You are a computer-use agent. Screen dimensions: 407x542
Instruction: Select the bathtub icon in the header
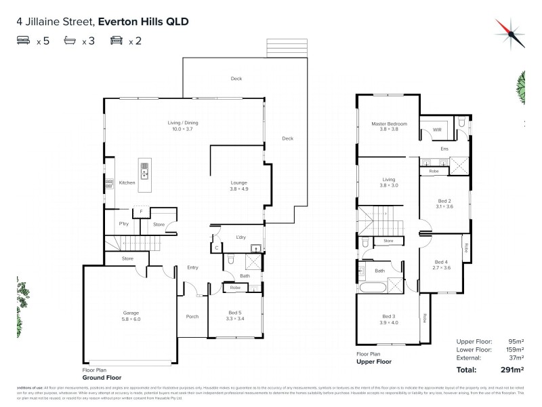pyautogui.click(x=70, y=41)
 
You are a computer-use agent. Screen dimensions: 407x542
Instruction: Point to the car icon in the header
pyautogui.click(x=116, y=41)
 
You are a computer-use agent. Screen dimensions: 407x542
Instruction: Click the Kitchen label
pyautogui.click(x=127, y=182)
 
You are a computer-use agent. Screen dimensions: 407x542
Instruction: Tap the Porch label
pyautogui.click(x=192, y=316)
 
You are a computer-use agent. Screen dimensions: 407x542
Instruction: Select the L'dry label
pyautogui.click(x=240, y=236)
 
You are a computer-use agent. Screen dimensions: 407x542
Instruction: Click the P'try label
pyautogui.click(x=123, y=223)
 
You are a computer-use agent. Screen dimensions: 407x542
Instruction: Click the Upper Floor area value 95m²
pyautogui.click(x=517, y=341)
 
